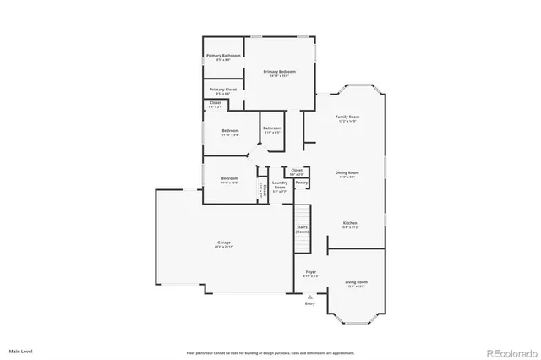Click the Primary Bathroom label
point(223,57)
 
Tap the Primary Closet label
point(223,90)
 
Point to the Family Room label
point(347,118)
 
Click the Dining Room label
point(347,175)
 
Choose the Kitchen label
point(350,225)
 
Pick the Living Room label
point(356,283)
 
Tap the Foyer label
point(310,274)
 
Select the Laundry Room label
point(279,188)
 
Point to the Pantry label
point(301,183)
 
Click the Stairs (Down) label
point(301,229)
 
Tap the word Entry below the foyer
point(310,303)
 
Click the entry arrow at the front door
point(310,297)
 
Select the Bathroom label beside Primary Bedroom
point(272,129)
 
